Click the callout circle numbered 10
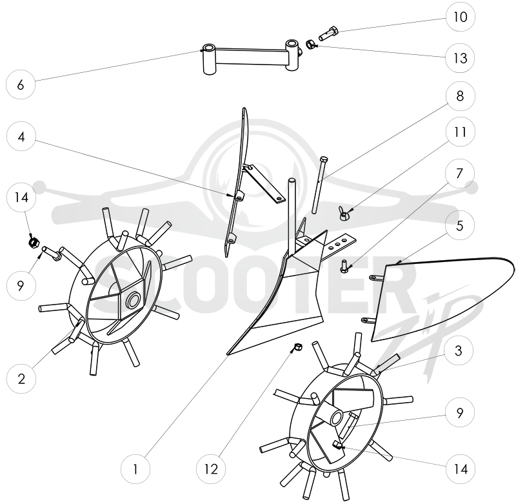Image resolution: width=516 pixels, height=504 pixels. pyautogui.click(x=461, y=17)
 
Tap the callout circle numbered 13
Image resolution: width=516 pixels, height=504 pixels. pyautogui.click(x=461, y=58)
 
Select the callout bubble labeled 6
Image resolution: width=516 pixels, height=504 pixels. pyautogui.click(x=21, y=85)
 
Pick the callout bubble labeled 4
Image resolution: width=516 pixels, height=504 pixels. pyautogui.click(x=21, y=136)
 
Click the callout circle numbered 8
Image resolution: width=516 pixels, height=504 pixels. pyautogui.click(x=461, y=96)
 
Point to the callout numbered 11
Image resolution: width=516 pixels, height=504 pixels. pyautogui.click(x=461, y=132)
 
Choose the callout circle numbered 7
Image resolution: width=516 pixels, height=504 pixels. pyautogui.click(x=460, y=174)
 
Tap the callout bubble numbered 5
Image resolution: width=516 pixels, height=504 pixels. pyautogui.click(x=460, y=225)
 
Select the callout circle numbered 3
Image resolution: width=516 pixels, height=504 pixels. pyautogui.click(x=459, y=350)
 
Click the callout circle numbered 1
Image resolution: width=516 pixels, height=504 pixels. pyautogui.click(x=135, y=469)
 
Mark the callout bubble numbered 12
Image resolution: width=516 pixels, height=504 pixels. pyautogui.click(x=211, y=469)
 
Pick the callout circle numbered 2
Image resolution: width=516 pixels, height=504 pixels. pyautogui.click(x=21, y=379)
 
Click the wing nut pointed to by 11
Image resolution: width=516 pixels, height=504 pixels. pyautogui.click(x=344, y=214)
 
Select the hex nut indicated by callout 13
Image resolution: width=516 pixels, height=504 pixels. pyautogui.click(x=310, y=44)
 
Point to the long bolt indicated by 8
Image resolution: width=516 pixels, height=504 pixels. pyautogui.click(x=319, y=185)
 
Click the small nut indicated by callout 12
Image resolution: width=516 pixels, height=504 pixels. pyautogui.click(x=298, y=347)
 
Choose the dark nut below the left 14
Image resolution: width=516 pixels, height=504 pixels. pyautogui.click(x=34, y=242)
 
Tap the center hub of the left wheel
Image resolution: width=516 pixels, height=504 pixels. pyautogui.click(x=134, y=300)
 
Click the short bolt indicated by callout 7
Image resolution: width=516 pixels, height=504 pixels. pyautogui.click(x=344, y=266)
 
